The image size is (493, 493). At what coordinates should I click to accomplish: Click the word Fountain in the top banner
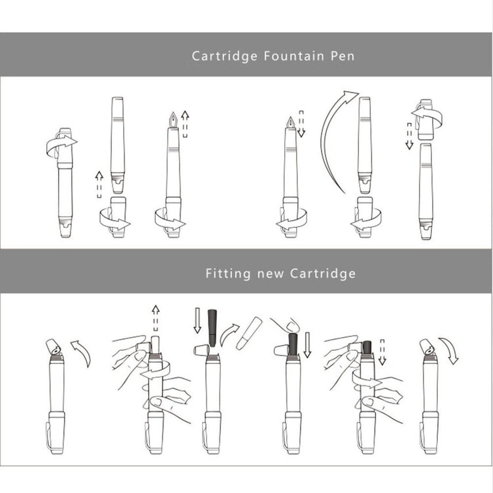point(293,56)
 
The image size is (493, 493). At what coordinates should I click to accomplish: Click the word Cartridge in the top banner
point(224,56)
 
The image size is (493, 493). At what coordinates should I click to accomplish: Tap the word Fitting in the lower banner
point(228,274)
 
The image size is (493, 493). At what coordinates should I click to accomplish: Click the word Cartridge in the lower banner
point(323,274)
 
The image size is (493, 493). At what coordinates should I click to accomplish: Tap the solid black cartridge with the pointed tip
point(212,328)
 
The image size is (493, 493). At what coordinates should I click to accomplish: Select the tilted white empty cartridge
point(249,333)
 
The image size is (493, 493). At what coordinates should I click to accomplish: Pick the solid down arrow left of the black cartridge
point(197,320)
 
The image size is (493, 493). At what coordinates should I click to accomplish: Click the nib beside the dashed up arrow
point(173,120)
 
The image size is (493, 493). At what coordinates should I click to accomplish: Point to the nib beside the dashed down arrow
point(291,123)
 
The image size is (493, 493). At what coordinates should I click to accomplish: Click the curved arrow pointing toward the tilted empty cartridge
point(228,334)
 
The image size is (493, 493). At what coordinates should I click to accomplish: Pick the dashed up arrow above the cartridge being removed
point(155,318)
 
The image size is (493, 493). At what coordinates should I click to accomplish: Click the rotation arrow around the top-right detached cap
point(428,117)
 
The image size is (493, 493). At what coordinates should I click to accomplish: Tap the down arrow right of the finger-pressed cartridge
point(307,345)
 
